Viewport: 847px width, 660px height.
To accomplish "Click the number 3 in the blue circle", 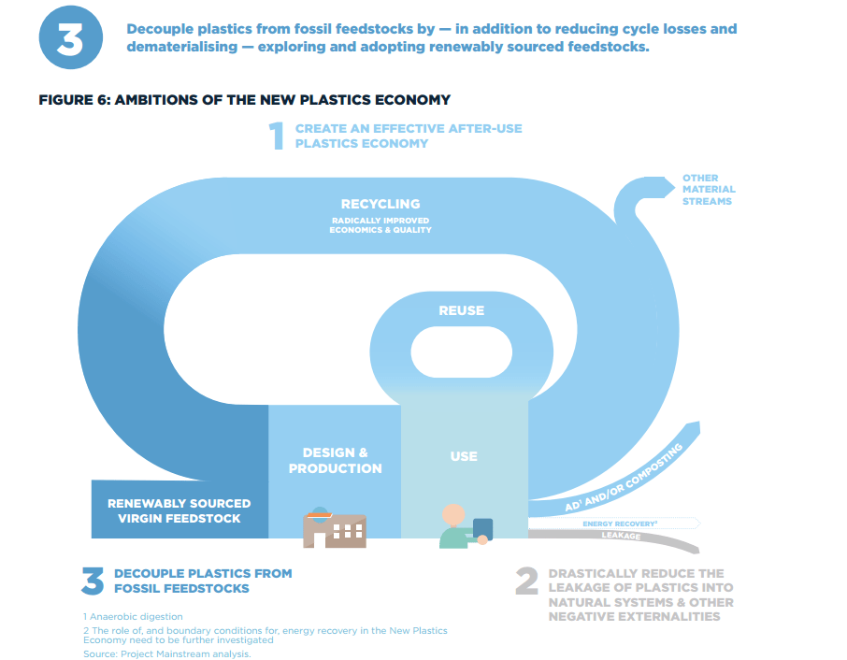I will (69, 40).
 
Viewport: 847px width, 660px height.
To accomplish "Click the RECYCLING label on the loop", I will (380, 204).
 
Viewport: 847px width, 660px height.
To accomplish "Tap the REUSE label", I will (462, 310).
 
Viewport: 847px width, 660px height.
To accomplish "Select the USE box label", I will (464, 456).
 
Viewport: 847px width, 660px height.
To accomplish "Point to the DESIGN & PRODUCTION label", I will (335, 461).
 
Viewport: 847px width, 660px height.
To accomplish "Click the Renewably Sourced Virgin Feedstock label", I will (179, 510).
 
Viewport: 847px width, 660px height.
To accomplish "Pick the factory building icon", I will (335, 529).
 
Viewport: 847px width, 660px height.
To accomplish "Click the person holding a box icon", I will (463, 527).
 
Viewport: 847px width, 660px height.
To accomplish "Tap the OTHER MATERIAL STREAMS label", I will (707, 190).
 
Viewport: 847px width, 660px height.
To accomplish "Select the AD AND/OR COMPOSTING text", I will (624, 478).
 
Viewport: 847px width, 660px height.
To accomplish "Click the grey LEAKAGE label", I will (621, 536).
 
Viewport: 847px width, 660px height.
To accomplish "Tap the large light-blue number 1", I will (277, 136).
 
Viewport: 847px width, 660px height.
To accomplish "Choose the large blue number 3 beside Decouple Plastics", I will (93, 581).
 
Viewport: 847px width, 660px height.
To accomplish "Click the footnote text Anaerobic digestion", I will (133, 616).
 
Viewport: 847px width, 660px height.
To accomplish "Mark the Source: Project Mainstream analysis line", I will (167, 653).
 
